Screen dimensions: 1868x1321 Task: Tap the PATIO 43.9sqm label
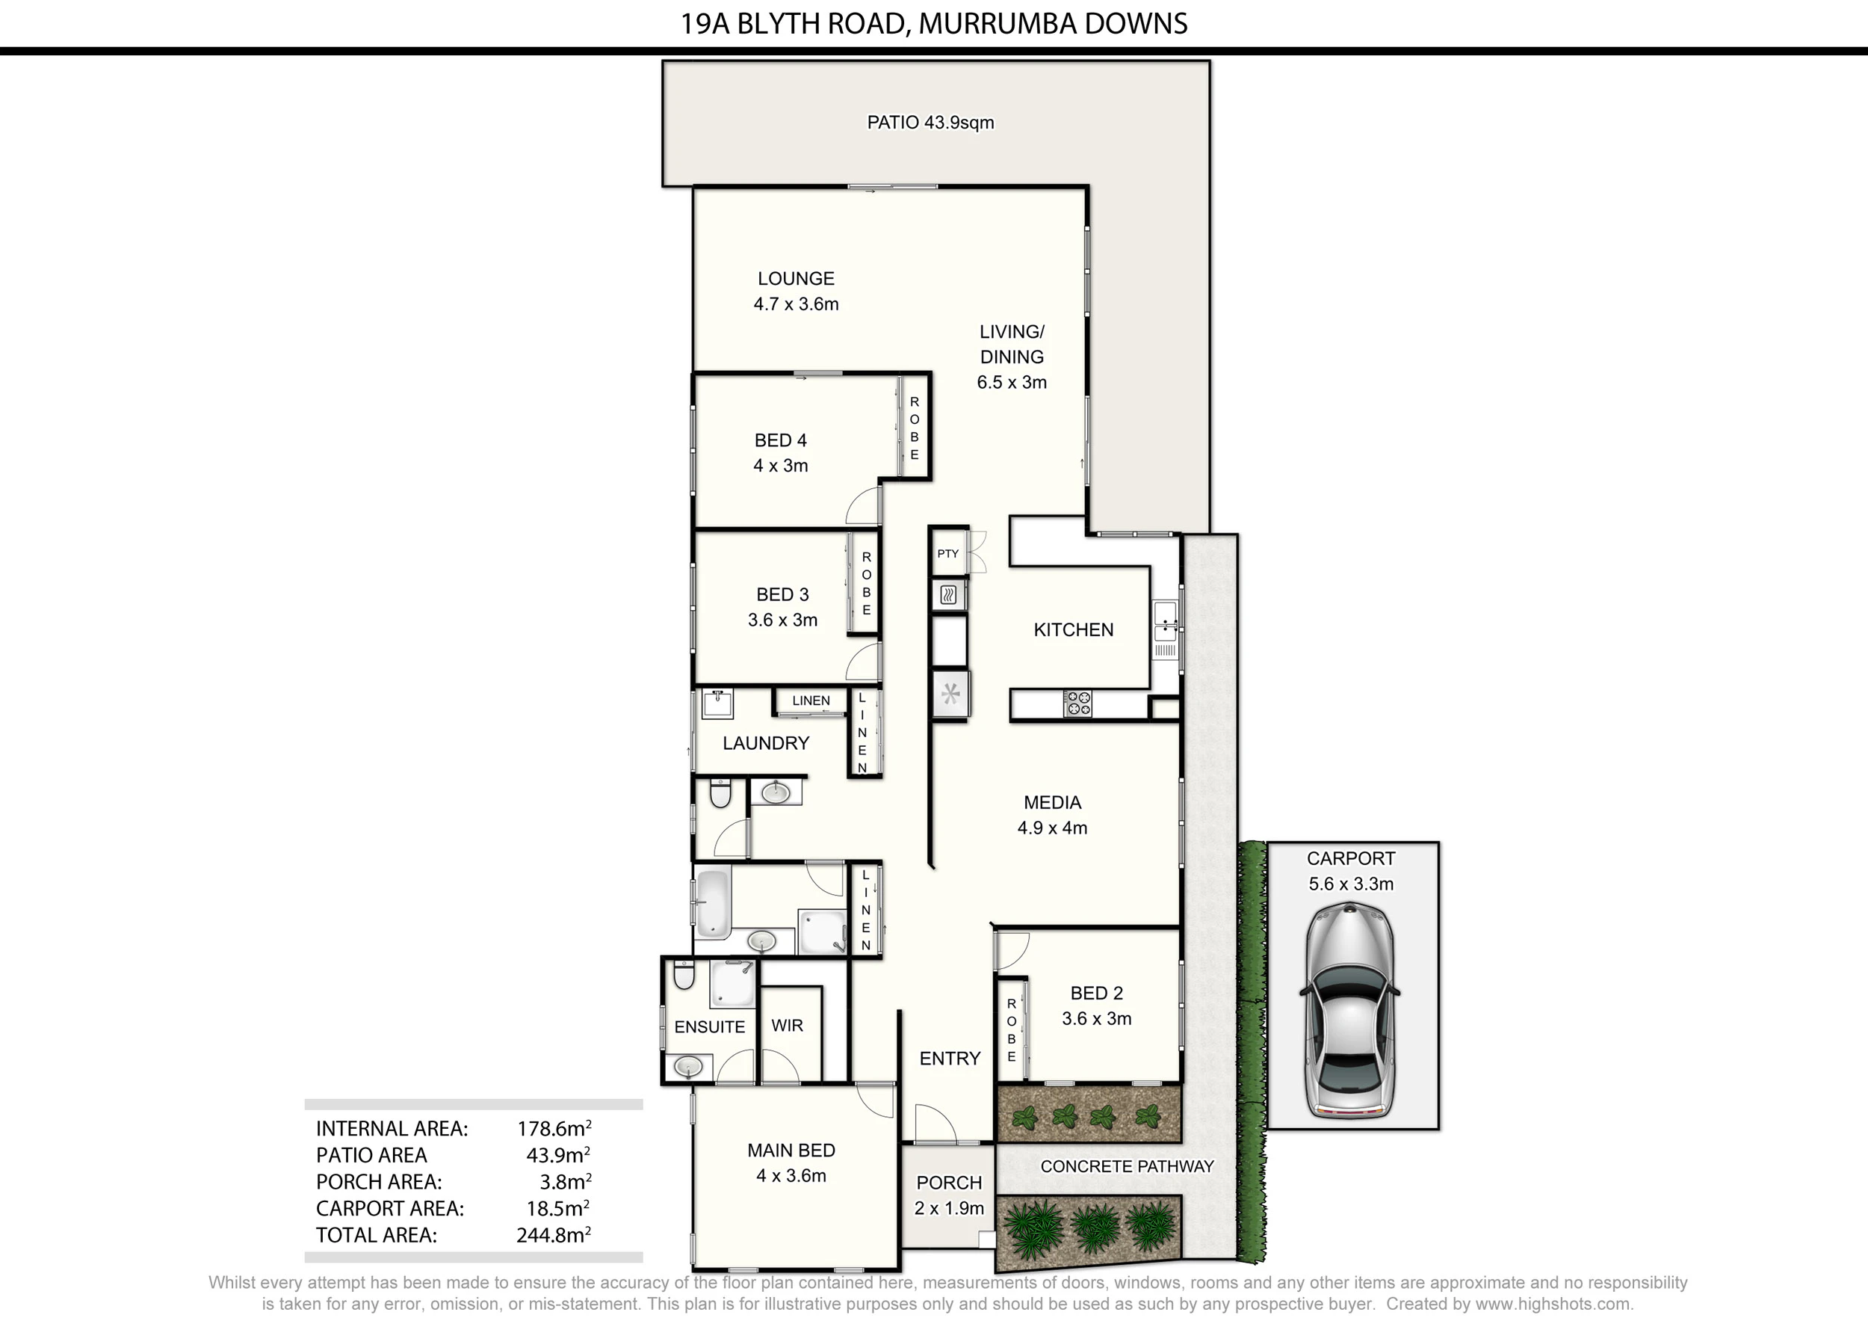[930, 122]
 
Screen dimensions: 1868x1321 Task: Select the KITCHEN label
[1073, 629]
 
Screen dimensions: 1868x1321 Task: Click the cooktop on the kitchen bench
[1079, 703]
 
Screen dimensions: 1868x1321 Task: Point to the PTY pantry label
[948, 553]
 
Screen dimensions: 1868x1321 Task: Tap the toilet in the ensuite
[684, 974]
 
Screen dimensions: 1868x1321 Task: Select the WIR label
[787, 1026]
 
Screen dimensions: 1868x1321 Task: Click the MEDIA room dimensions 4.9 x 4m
[1052, 828]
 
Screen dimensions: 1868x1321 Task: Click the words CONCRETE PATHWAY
[1127, 1166]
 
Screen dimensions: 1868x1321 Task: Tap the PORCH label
[949, 1183]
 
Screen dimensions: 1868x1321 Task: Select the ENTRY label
[950, 1058]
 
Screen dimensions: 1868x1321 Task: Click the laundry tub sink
[717, 704]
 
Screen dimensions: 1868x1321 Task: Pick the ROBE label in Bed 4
[915, 428]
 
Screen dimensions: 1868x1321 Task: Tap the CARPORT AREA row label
[390, 1209]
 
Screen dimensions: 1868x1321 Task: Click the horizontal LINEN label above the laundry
[811, 700]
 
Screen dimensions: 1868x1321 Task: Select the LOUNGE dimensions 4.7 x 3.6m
[796, 304]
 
